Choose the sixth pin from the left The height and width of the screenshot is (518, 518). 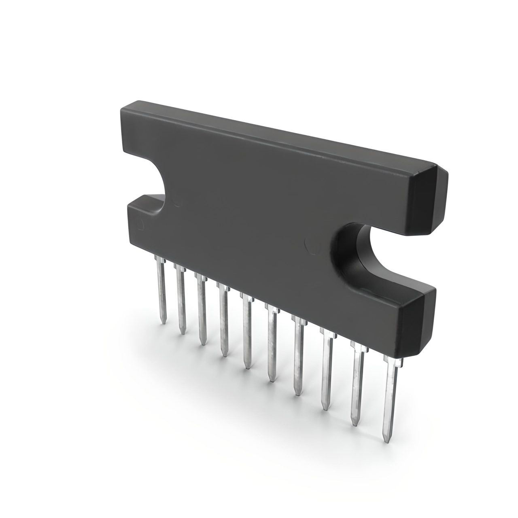pos(271,344)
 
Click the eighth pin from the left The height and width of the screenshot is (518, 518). pos(326,370)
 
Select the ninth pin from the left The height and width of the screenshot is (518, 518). pos(356,384)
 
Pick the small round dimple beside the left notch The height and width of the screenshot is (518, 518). pos(176,203)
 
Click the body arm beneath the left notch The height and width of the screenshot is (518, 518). pos(146,219)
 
